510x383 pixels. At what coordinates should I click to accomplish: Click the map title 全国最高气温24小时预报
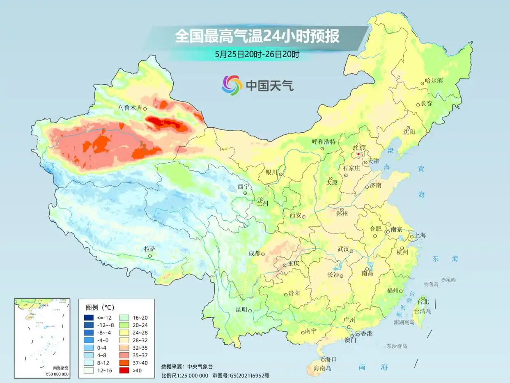click(x=257, y=37)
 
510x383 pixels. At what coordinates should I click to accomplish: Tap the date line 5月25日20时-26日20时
click(x=257, y=54)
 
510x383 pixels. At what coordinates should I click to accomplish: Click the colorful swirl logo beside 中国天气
click(x=232, y=85)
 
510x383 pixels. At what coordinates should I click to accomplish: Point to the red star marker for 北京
click(x=358, y=154)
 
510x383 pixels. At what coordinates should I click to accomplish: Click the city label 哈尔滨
click(x=434, y=81)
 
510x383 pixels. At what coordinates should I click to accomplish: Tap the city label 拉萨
click(x=150, y=249)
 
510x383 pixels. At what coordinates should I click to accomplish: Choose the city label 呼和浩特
click(x=324, y=142)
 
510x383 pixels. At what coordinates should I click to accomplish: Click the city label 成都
click(x=254, y=253)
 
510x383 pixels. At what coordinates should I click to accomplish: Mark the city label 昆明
click(x=241, y=309)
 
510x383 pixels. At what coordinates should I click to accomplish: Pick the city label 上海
click(x=420, y=235)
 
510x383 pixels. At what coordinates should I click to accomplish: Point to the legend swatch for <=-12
click(x=89, y=317)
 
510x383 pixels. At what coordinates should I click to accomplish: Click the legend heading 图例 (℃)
click(x=100, y=307)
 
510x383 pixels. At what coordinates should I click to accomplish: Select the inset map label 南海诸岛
click(x=61, y=368)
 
